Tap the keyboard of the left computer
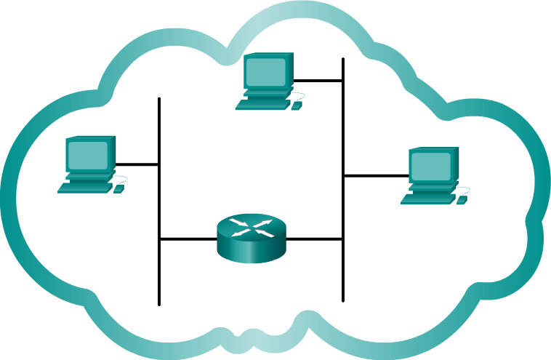pyautogui.click(x=84, y=188)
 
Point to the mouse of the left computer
pyautogui.click(x=118, y=189)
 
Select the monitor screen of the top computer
pyautogui.click(x=266, y=71)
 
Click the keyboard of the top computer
pyautogui.click(x=262, y=104)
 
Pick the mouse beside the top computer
pyautogui.click(x=296, y=106)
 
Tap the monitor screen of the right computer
pyautogui.click(x=431, y=166)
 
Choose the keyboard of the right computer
pyautogui.click(x=427, y=199)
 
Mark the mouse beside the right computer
pyautogui.click(x=462, y=200)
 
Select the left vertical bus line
pyautogui.click(x=159, y=276)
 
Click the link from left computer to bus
pyautogui.click(x=137, y=164)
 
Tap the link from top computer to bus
pyautogui.click(x=318, y=81)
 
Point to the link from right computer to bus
pyautogui.click(x=375, y=175)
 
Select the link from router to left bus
pyautogui.click(x=188, y=239)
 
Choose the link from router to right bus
pyautogui.click(x=314, y=239)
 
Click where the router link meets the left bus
pyautogui.click(x=159, y=239)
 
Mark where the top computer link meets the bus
pyautogui.click(x=343, y=81)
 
